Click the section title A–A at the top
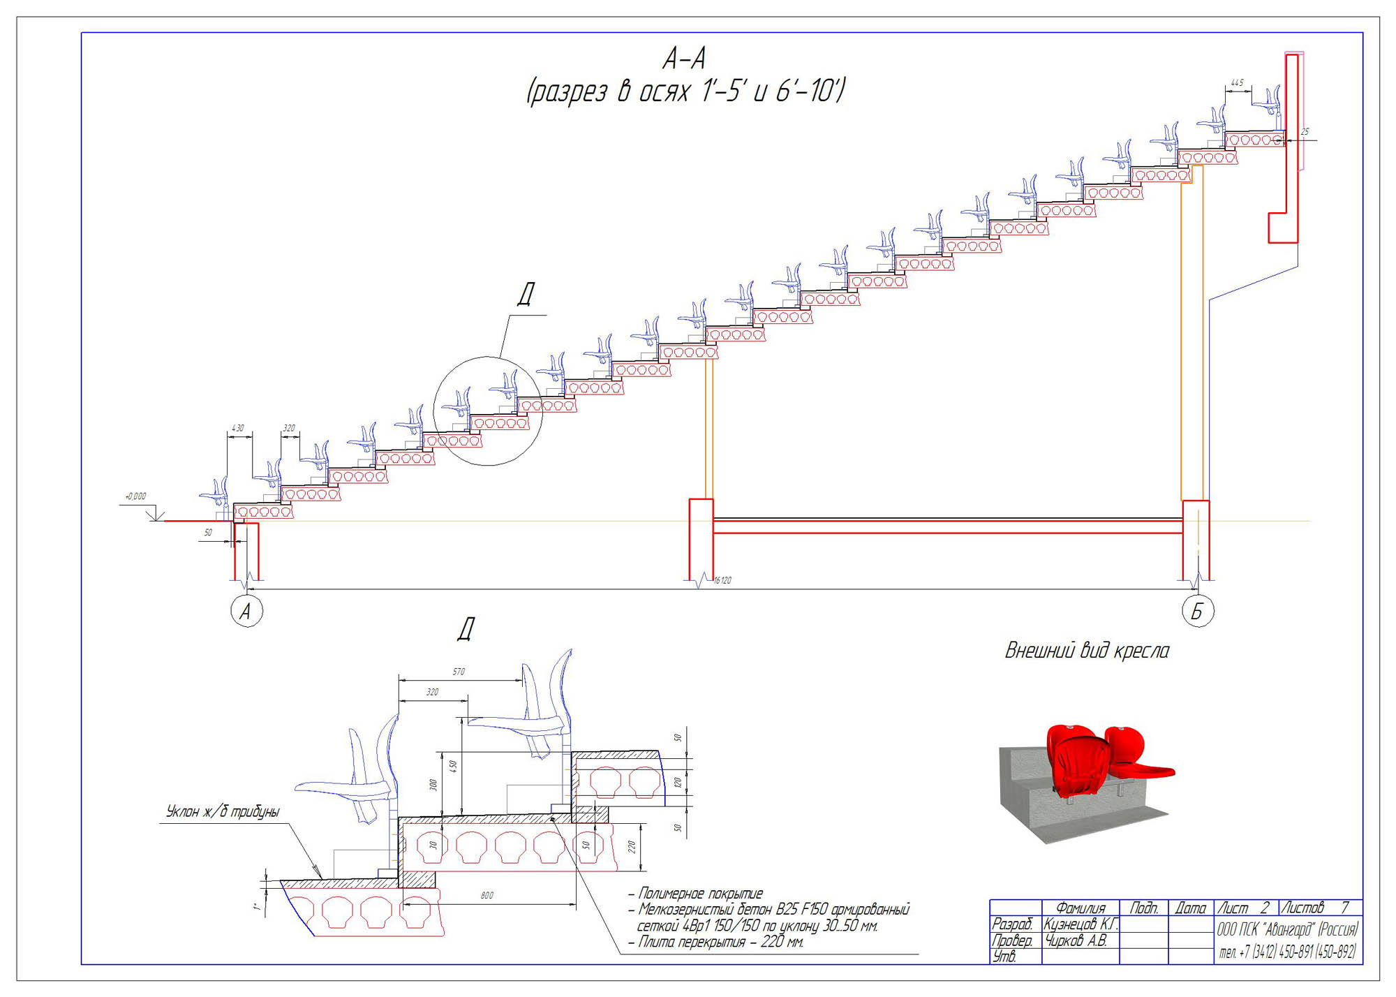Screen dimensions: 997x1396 pyautogui.click(x=684, y=59)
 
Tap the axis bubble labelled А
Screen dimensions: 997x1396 pyautogui.click(x=246, y=611)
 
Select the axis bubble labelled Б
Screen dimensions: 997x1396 pyautogui.click(x=1198, y=611)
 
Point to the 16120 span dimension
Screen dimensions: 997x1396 pyautogui.click(x=722, y=580)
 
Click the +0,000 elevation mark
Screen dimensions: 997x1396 pyautogui.click(x=135, y=496)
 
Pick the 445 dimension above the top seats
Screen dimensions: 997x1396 pyautogui.click(x=1237, y=83)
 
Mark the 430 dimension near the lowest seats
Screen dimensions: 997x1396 pyautogui.click(x=238, y=428)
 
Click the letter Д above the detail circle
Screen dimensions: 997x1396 pyautogui.click(x=526, y=294)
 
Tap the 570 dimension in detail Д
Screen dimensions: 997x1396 pyautogui.click(x=459, y=672)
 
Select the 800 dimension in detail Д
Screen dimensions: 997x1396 pyautogui.click(x=487, y=895)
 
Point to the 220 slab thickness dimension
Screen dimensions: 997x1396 pyautogui.click(x=632, y=847)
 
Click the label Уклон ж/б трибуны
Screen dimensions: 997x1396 pyautogui.click(x=223, y=811)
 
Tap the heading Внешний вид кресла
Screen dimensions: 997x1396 pyautogui.click(x=1087, y=651)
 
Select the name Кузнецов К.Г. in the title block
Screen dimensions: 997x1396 pyautogui.click(x=1080, y=924)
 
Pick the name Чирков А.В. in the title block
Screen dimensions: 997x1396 pyautogui.click(x=1076, y=940)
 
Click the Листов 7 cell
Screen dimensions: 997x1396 pyautogui.click(x=1319, y=908)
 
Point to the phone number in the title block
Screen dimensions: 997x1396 pyautogui.click(x=1288, y=951)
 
